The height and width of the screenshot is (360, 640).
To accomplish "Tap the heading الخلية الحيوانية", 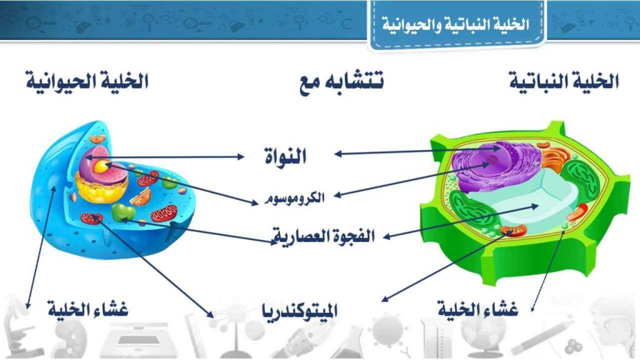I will [x=87, y=81].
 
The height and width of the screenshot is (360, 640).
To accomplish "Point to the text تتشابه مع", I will [x=341, y=81].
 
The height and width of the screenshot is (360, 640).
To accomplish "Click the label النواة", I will [x=284, y=156].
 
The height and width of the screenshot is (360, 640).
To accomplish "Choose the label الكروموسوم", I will [x=294, y=198].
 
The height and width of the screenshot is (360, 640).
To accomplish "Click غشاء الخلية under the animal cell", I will [x=88, y=309].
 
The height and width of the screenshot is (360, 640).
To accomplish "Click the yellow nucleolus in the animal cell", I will [x=101, y=167].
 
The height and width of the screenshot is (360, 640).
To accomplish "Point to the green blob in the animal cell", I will [x=123, y=212].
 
